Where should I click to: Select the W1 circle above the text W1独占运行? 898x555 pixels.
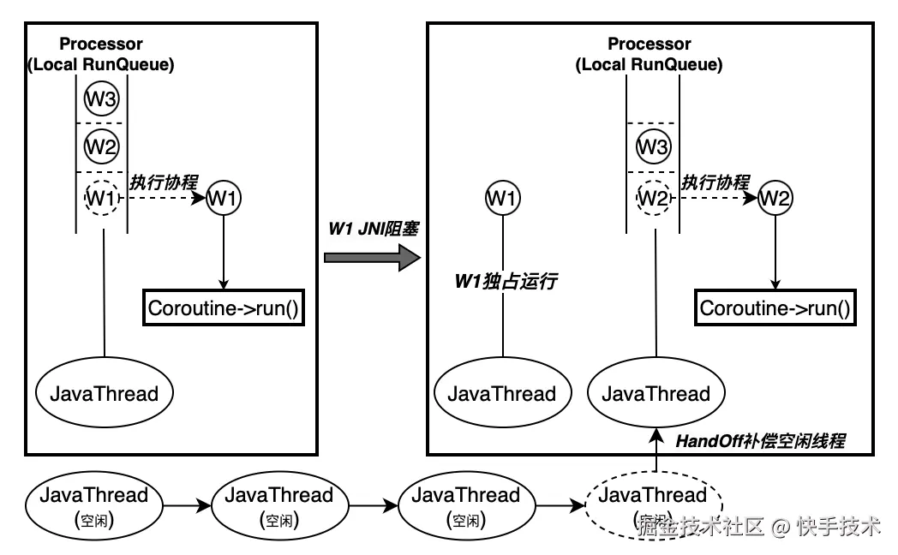pos(502,199)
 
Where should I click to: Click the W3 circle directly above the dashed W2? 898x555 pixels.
pos(653,146)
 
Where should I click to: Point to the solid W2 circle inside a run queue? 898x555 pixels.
pos(101,146)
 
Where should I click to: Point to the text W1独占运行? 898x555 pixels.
pos(506,280)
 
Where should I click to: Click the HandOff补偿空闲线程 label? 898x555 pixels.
pos(761,442)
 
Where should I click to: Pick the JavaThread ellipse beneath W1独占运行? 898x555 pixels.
pos(502,394)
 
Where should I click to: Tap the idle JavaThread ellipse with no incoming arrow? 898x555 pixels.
pos(94,504)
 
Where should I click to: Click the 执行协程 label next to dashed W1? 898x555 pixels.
pos(163,182)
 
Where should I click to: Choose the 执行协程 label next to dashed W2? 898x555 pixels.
pos(715,182)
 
